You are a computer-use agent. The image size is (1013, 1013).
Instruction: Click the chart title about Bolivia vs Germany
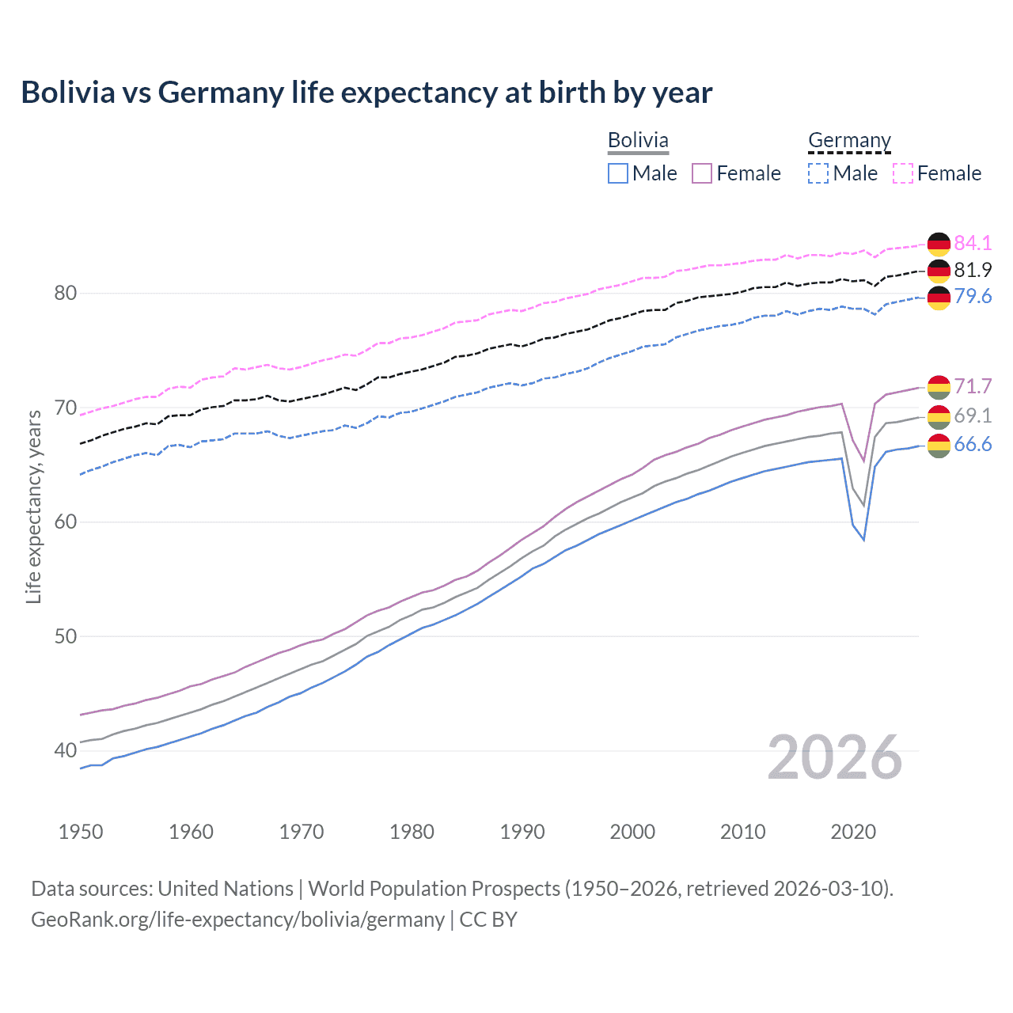[x=366, y=93]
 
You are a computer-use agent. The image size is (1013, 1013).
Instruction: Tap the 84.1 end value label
[x=973, y=243]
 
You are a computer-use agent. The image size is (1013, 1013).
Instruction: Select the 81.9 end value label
[x=973, y=270]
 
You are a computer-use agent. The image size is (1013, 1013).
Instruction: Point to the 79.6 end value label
[x=973, y=296]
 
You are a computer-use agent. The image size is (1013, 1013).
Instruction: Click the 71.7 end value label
[x=973, y=386]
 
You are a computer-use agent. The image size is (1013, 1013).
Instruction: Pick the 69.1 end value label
[x=973, y=415]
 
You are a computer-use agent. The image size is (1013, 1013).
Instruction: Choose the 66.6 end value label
[x=973, y=445]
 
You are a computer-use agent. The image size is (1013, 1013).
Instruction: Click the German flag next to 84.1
[x=939, y=244]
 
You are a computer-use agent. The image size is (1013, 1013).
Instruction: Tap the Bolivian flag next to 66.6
[x=939, y=446]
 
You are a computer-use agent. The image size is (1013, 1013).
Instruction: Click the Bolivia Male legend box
[x=618, y=173]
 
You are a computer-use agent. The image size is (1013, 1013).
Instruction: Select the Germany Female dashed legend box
[x=903, y=173]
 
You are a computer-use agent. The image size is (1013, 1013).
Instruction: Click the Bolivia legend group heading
[x=638, y=140]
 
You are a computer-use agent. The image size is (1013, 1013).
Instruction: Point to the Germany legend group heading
[x=849, y=140]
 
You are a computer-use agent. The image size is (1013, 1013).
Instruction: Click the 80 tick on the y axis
[x=65, y=293]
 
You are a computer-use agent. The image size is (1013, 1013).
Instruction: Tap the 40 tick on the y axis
[x=65, y=750]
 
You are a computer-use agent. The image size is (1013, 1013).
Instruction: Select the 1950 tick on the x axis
[x=81, y=832]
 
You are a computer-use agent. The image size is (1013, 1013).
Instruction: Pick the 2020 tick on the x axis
[x=853, y=832]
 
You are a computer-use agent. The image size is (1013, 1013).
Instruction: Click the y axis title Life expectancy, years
[x=33, y=506]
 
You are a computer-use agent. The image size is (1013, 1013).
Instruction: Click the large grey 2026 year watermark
[x=834, y=757]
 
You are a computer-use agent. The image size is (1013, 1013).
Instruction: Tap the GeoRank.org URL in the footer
[x=237, y=920]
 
